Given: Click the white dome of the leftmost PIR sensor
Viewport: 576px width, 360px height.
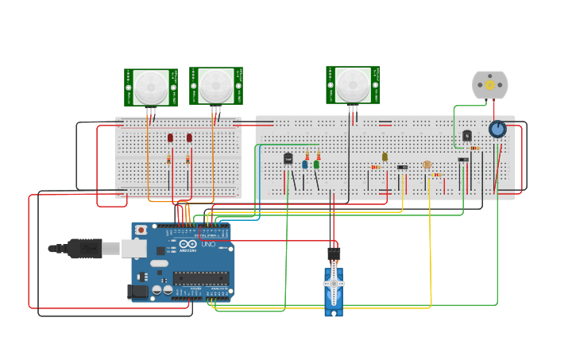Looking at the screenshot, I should coord(151,87).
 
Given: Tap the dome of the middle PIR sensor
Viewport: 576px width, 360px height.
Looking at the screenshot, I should coord(215,85).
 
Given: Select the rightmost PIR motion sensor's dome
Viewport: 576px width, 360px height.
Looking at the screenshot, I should coord(352,84).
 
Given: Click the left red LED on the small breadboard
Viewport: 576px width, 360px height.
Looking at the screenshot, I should coord(170,138).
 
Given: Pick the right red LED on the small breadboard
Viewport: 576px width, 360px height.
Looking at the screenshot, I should coord(189,138).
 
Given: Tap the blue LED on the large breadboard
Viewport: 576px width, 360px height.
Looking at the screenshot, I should coord(304,165).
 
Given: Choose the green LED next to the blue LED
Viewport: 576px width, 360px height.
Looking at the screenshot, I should coord(316,165).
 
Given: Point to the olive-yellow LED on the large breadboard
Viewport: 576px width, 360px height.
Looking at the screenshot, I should coord(385,157).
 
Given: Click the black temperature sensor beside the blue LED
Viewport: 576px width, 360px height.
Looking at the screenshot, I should coord(288,159).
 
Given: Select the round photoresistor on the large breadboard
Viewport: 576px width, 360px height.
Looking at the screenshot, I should coord(427,165).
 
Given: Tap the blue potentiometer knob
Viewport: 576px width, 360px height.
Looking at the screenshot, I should coord(497,129).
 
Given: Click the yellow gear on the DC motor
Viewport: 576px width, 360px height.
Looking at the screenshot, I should coord(490,84).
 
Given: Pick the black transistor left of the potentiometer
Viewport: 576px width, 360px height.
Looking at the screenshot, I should coord(467,136).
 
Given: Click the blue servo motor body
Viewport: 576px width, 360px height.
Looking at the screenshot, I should coord(333,291).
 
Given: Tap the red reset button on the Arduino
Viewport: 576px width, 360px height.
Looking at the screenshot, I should coord(141,230).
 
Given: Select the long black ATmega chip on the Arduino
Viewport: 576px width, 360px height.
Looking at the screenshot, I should coord(200,278).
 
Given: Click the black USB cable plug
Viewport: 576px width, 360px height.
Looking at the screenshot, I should coord(84,249).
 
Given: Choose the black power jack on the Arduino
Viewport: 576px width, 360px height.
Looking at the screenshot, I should coord(137,292).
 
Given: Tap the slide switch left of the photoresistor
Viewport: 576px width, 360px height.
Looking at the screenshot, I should coord(402,167).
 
